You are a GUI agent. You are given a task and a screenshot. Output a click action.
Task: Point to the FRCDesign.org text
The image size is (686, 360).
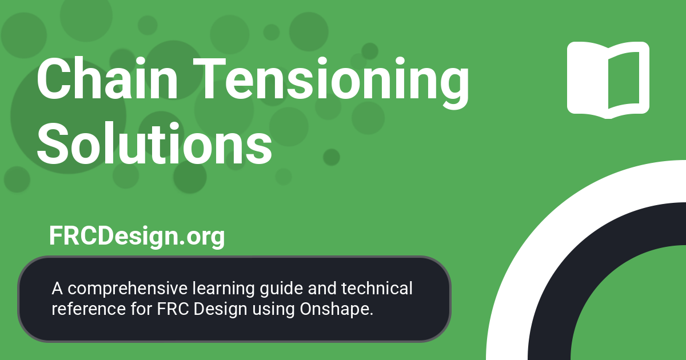click(x=137, y=236)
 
